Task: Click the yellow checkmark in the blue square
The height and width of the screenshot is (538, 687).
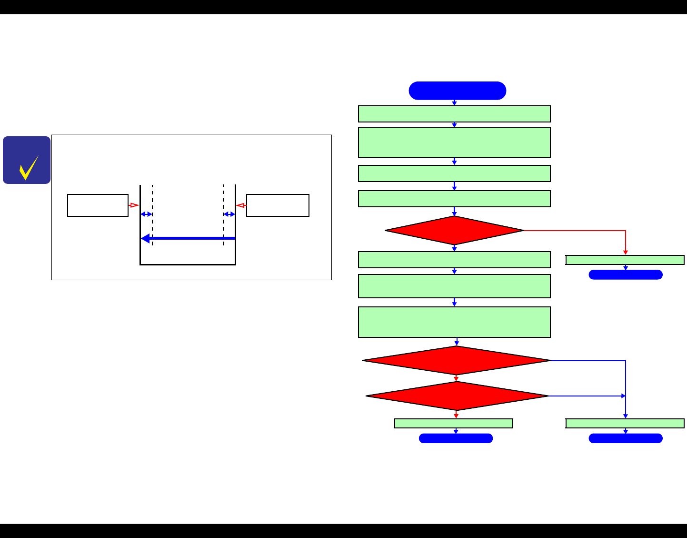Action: [x=28, y=167]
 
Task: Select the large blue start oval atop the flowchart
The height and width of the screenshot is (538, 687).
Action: [x=457, y=91]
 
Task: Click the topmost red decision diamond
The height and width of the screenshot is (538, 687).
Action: [x=454, y=231]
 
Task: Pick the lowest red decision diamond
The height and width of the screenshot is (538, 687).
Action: [x=457, y=396]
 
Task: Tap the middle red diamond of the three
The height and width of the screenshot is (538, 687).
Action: [x=456, y=361]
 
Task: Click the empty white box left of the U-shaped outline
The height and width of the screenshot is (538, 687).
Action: [x=98, y=205]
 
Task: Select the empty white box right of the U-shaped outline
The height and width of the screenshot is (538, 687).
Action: [x=278, y=205]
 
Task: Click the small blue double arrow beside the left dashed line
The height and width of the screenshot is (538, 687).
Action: [x=146, y=214]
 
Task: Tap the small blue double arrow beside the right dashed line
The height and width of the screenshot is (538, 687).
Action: [x=229, y=214]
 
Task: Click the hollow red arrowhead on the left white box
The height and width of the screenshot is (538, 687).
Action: [x=134, y=205]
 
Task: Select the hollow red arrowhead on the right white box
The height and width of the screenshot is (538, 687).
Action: [x=241, y=205]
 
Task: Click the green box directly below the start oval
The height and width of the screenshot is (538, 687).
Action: [x=454, y=114]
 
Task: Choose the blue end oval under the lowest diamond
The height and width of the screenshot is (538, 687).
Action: [x=456, y=438]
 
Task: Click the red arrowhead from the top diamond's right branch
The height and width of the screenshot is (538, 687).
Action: [x=626, y=253]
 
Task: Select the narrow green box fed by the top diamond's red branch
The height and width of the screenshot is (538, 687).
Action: [x=625, y=260]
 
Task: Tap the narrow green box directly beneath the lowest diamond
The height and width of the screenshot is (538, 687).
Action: [x=454, y=423]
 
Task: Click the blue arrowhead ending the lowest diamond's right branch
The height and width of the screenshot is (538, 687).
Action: [x=623, y=396]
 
